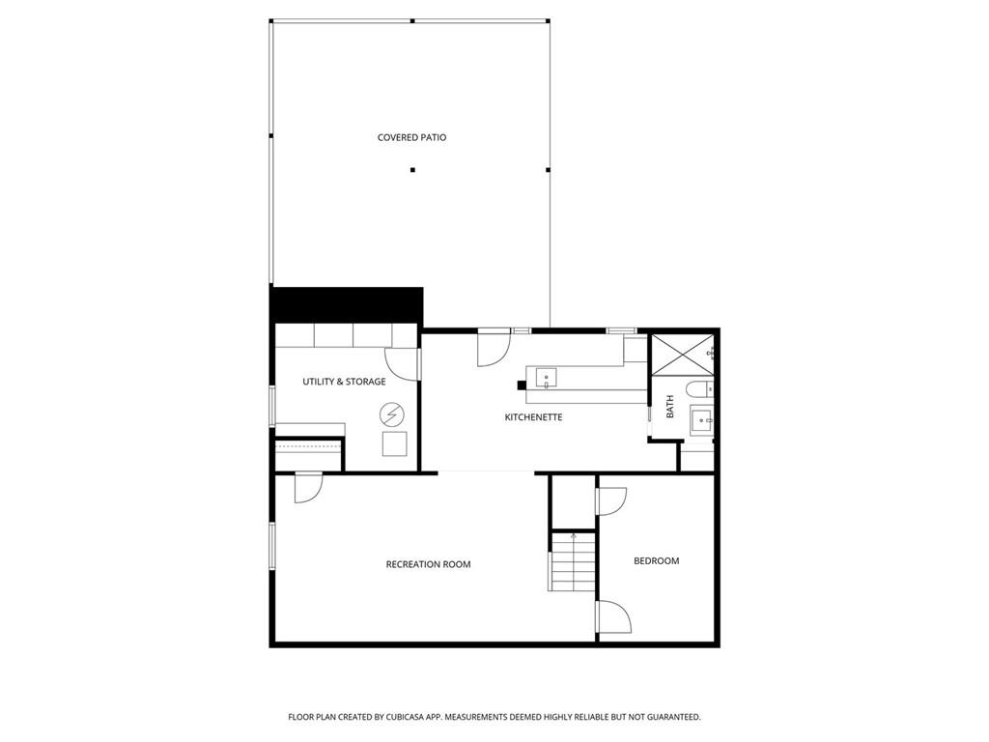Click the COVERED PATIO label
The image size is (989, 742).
point(411,137)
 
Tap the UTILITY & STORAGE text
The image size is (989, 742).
point(344,382)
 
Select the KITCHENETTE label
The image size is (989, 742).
point(533,417)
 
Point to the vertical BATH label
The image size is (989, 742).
point(670,407)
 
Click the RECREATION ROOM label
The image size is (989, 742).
point(428,564)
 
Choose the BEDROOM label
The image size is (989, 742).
point(657,561)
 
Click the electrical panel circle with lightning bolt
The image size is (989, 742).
point(392,415)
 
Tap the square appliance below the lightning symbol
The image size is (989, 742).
point(395,443)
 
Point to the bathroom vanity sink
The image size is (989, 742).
point(701,420)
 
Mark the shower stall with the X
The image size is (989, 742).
point(682,356)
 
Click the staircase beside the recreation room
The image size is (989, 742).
point(572,562)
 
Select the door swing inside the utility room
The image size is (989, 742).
point(402,364)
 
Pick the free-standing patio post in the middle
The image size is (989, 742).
point(412,170)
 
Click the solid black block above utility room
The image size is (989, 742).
point(347,306)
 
